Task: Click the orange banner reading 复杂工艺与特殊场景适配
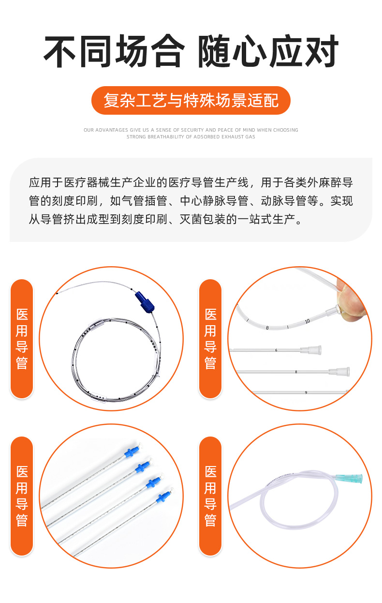coord(191,100)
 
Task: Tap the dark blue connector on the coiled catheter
coord(145,302)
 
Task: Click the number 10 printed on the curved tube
coord(308,321)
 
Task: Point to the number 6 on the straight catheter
coord(276,350)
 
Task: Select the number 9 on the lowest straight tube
coord(306,392)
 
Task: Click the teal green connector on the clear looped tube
coord(349,478)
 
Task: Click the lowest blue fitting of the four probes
coord(163,497)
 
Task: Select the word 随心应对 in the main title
coord(268,51)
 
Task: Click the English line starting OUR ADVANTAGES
coord(191,130)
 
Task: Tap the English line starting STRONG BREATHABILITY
coord(191,137)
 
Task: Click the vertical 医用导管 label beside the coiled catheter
coord(22,339)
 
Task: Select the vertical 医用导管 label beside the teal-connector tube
coord(210,496)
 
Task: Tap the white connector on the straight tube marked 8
coord(339,372)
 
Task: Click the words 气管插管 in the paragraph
coord(145,201)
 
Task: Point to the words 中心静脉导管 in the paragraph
coord(214,201)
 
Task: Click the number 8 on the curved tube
coord(267,328)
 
